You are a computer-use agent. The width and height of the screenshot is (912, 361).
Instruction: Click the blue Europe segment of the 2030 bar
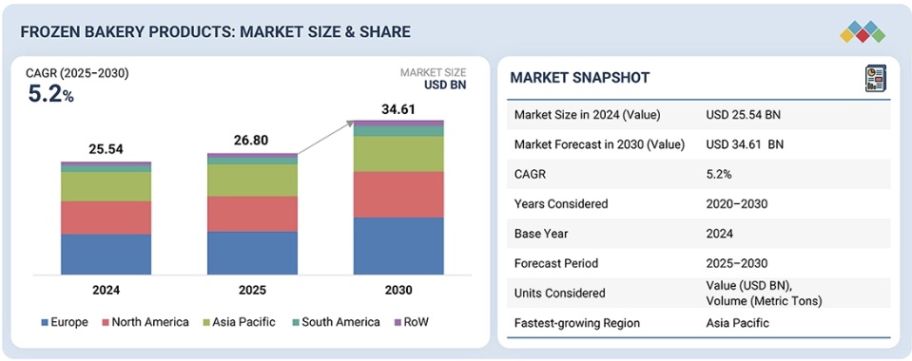398,246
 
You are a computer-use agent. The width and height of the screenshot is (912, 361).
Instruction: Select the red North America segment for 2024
106,218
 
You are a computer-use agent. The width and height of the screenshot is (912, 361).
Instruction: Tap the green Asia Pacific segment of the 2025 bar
252,180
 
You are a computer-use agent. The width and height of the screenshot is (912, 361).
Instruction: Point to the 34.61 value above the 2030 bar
398,108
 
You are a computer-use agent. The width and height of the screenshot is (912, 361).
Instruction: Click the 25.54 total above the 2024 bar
106,150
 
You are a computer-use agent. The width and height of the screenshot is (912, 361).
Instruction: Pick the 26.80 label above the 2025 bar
252,141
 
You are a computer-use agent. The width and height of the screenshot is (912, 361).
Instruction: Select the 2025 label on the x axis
252,290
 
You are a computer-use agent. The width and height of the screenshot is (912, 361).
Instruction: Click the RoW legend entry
412,321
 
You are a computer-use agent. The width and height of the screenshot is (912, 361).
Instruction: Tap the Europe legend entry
65,321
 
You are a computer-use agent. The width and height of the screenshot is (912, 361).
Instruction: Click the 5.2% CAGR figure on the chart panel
51,94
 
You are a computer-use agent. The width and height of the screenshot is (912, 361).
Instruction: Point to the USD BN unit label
445,85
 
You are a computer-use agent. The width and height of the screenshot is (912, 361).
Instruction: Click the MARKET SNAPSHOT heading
579,78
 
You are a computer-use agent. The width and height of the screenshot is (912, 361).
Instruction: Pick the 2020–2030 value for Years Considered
737,204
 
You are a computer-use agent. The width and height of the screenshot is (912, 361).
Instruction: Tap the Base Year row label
541,234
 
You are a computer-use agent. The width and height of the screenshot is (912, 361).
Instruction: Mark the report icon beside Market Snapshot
875,78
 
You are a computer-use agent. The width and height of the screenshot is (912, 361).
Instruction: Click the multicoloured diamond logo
863,31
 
